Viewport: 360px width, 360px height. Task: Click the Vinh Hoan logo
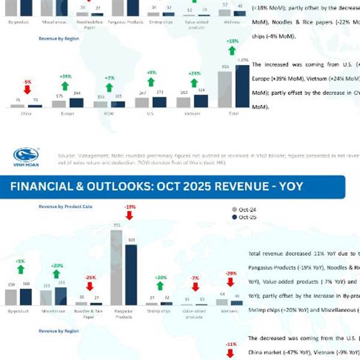click(x=25, y=157)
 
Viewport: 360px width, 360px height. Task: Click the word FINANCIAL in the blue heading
click(x=44, y=187)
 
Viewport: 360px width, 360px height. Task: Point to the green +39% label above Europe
click(x=65, y=77)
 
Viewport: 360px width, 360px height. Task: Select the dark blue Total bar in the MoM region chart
click(x=242, y=86)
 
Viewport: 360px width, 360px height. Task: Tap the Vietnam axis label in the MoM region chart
click(x=192, y=112)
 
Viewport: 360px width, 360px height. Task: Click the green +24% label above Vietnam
click(x=193, y=73)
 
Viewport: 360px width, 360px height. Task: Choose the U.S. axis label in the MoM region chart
click(x=150, y=112)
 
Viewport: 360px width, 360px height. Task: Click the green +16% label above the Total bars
click(x=233, y=41)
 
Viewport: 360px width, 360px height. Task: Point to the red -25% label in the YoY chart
click(x=89, y=278)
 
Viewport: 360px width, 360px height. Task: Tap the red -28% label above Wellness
click(x=231, y=273)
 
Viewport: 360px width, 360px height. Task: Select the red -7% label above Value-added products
click(x=194, y=278)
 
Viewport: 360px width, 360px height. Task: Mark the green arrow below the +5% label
click(x=20, y=270)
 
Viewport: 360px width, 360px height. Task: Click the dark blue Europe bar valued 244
click(x=77, y=103)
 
